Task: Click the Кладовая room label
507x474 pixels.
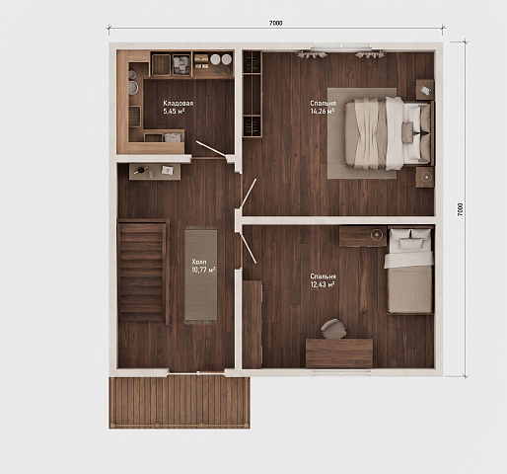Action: [179, 103]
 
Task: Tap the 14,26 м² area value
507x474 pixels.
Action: [323, 111]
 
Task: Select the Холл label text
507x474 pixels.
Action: [199, 262]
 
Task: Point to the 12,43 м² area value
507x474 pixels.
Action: [323, 284]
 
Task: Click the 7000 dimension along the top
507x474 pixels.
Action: [276, 23]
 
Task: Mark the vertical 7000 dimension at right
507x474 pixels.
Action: [460, 208]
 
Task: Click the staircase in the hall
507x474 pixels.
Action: [143, 272]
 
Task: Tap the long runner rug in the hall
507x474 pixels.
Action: [200, 276]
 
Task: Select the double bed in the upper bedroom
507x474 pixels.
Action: [389, 133]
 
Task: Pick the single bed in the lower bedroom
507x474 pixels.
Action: [410, 270]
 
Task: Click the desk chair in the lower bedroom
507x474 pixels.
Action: [333, 329]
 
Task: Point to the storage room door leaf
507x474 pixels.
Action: [211, 148]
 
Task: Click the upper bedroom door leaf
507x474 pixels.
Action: [248, 194]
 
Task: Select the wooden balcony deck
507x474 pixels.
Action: [180, 402]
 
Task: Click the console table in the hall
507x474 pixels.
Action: [155, 172]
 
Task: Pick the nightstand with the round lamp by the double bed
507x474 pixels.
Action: [425, 178]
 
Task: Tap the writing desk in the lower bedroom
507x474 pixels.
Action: [339, 354]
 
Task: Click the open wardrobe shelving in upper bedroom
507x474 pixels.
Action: [253, 94]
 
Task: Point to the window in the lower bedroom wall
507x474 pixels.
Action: [341, 372]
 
